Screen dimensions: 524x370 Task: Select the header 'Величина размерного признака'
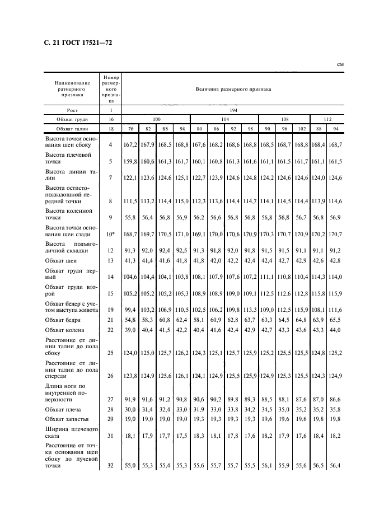[x=233, y=88]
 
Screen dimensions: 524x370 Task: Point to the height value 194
[x=233, y=110]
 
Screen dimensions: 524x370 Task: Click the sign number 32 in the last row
[x=111, y=465]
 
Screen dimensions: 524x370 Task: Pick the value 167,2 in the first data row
[x=130, y=145]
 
